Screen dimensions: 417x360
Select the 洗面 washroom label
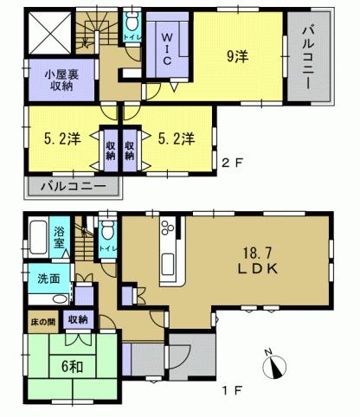(48, 279)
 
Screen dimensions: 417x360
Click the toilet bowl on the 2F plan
(131, 23)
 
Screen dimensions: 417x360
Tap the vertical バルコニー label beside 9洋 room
(308, 59)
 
